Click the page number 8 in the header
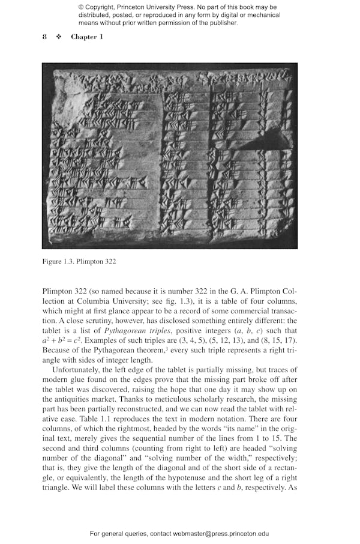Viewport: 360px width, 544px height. point(44,37)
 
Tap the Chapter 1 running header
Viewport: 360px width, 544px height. point(87,37)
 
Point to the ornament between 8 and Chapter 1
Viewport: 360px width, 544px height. point(59,37)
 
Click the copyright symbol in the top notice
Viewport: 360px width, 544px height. point(81,7)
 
